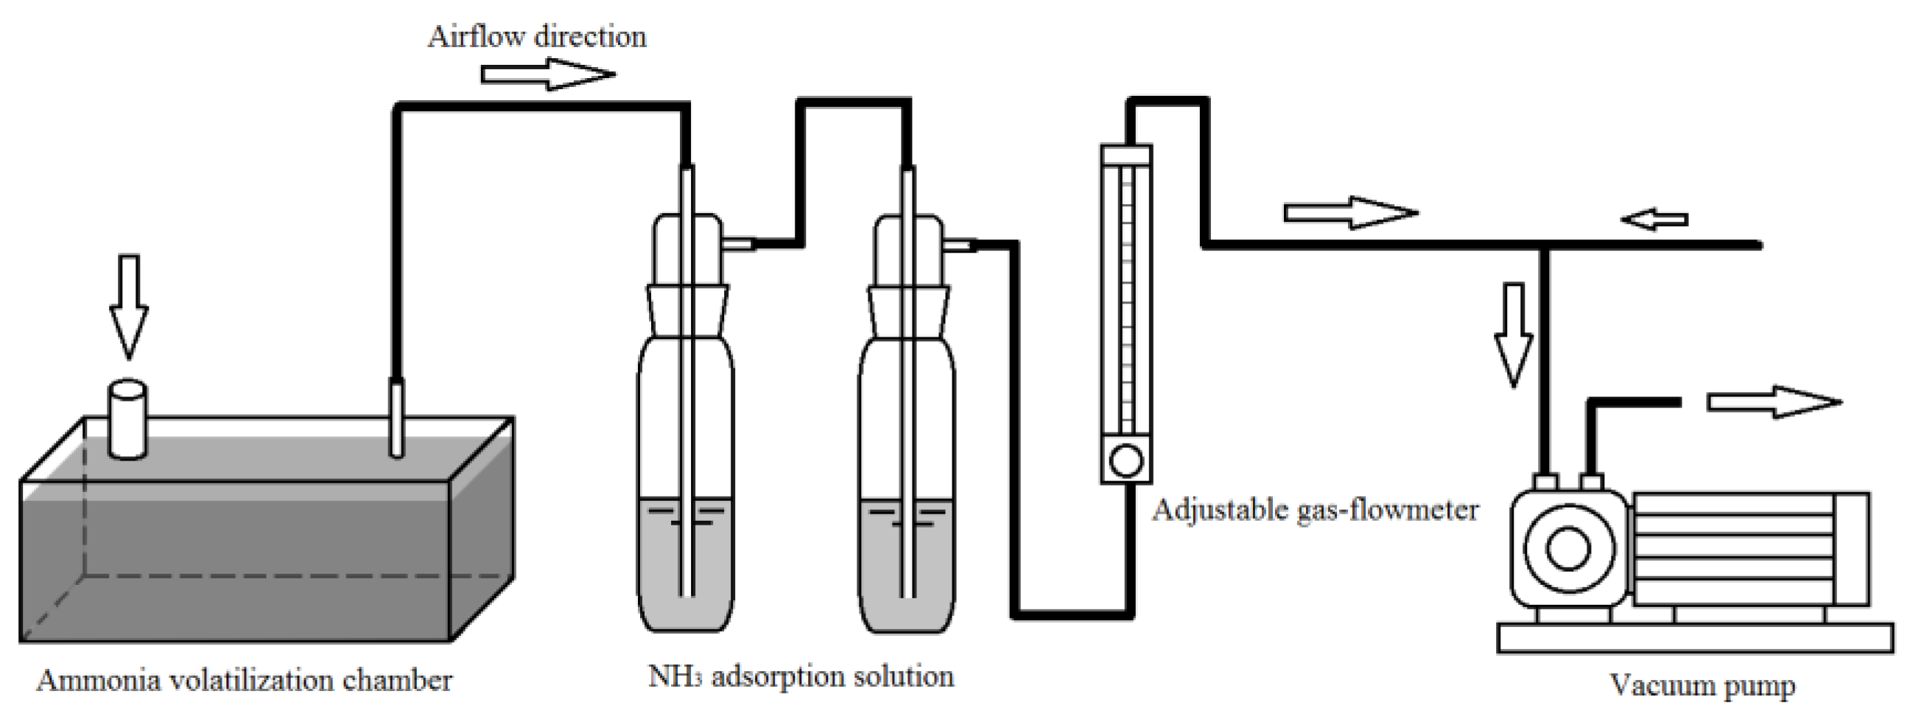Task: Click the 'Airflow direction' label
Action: click(536, 37)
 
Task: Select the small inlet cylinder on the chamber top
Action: click(127, 418)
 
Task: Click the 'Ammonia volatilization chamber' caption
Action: click(244, 681)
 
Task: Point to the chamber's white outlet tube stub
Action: click(398, 416)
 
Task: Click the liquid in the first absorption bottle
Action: click(686, 564)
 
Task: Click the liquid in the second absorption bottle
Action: click(906, 564)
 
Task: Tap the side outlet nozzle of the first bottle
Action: click(738, 242)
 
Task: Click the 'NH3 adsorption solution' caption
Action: click(801, 676)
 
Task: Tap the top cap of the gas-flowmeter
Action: click(1126, 154)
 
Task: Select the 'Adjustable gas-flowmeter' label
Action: click(1315, 510)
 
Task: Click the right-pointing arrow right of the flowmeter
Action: click(1349, 214)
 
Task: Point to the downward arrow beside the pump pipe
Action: click(1512, 334)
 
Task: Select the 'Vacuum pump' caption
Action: click(1702, 685)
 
